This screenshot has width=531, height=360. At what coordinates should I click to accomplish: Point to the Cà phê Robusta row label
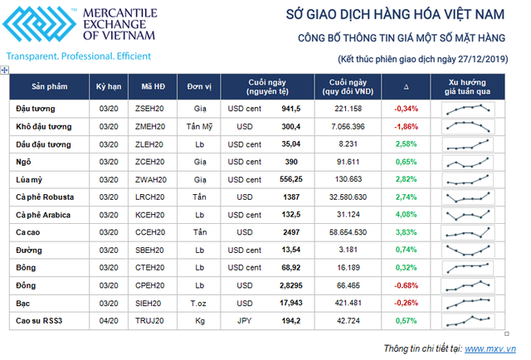coord(45,197)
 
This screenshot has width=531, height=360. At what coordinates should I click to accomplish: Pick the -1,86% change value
coord(406,126)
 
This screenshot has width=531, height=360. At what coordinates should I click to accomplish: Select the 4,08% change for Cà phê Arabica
coord(406,214)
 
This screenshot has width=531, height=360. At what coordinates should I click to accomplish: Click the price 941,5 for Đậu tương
coord(290,109)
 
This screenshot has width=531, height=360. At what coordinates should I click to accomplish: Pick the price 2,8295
coord(286,285)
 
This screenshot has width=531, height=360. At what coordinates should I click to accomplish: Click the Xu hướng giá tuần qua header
coord(469,87)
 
